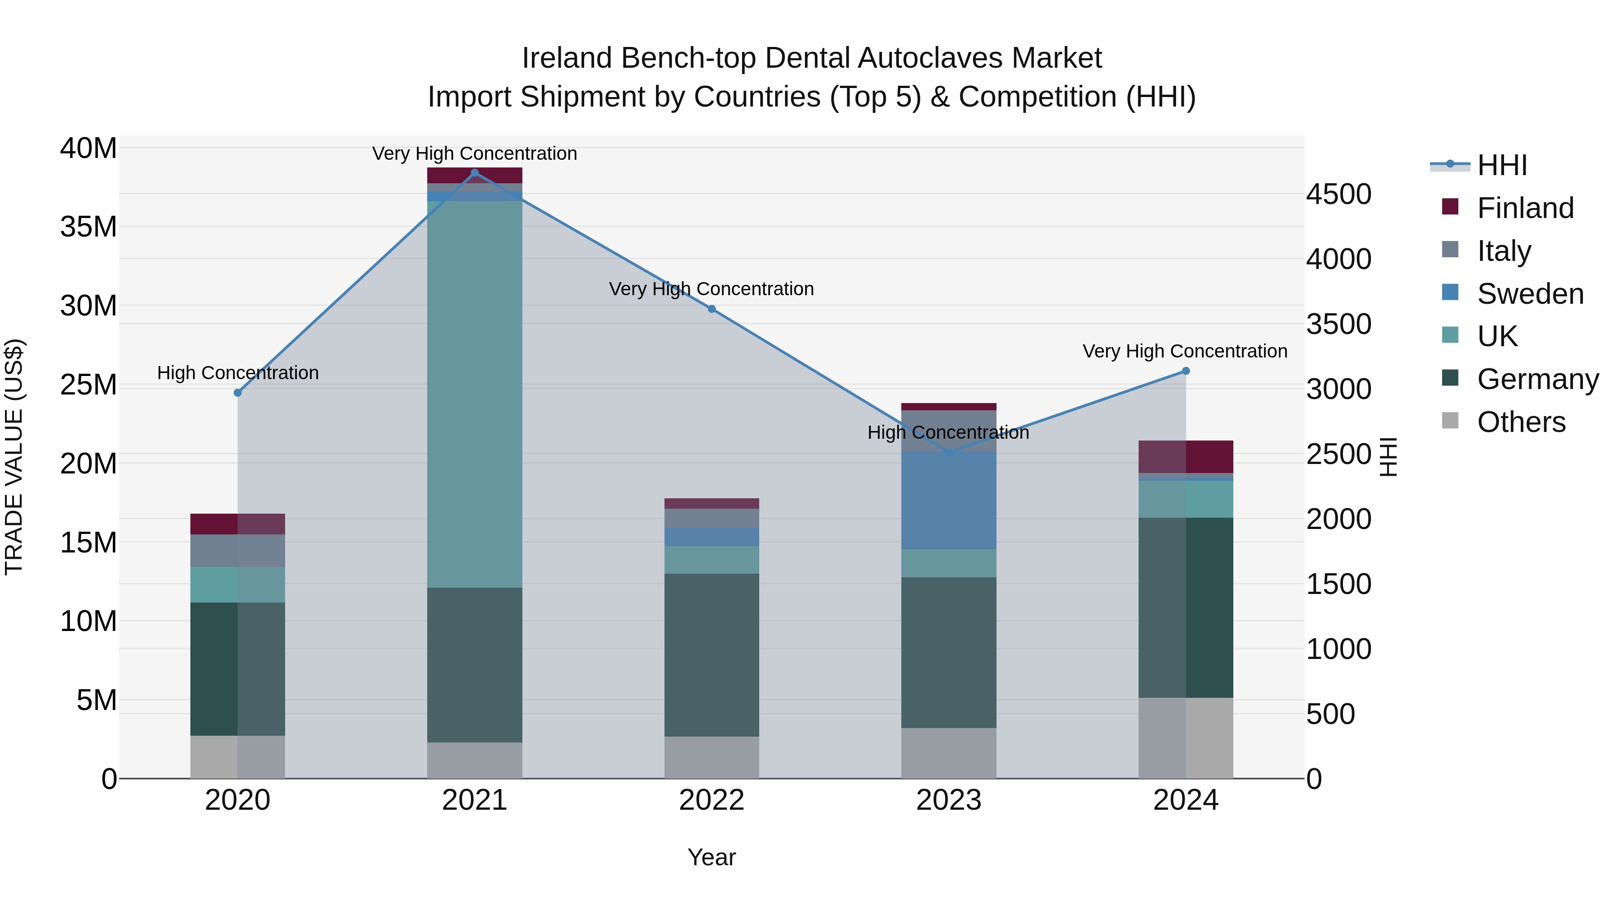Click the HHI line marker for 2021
pos(475,173)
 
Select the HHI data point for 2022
pos(712,309)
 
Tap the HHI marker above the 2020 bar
pos(238,393)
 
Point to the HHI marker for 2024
pos(1186,371)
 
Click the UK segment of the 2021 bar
pos(475,394)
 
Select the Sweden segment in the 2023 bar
pos(949,500)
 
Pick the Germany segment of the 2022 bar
pos(712,655)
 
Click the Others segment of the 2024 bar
pos(1186,738)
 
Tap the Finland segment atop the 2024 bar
pos(1186,457)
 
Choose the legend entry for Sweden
pos(1530,294)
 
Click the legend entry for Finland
pos(1525,208)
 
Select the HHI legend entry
pos(1502,165)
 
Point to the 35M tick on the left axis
pos(88,227)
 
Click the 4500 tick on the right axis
pos(1338,194)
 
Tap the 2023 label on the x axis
pos(949,800)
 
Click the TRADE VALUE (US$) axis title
pos(14,457)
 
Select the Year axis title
pos(712,857)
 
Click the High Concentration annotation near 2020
pos(238,373)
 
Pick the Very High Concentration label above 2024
pos(1185,351)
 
